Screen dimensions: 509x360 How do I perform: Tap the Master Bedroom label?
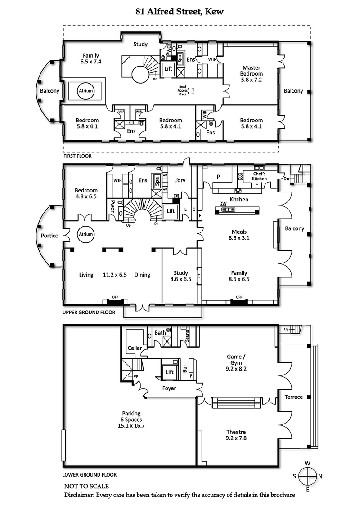[251, 73]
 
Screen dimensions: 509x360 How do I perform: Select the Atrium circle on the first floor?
[85, 91]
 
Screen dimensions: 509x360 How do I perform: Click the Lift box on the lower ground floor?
[170, 372]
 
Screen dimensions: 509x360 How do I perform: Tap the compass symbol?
[308, 475]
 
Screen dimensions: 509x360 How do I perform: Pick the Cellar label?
[135, 348]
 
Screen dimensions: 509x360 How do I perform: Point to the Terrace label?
[293, 397]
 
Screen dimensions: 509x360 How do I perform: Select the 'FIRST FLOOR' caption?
[77, 156]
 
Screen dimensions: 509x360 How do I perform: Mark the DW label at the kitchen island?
[222, 203]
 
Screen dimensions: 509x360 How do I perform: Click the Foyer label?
[169, 388]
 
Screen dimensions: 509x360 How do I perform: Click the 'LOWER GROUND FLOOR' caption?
[90, 474]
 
